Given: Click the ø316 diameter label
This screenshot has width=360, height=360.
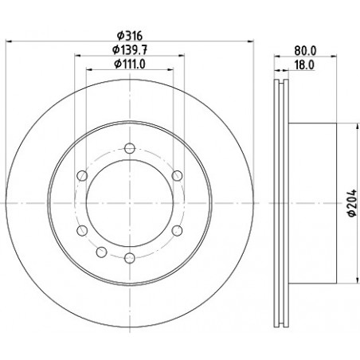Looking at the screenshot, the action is (130, 35).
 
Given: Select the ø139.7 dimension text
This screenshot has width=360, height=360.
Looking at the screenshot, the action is (130, 49).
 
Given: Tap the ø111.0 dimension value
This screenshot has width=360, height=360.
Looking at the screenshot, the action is (130, 64).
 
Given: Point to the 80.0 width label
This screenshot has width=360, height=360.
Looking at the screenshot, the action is (305, 50).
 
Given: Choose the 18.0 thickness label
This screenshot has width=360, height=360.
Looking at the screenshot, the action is (304, 65).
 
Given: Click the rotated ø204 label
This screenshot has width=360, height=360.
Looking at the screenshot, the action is (352, 203).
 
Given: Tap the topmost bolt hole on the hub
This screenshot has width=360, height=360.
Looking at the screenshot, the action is (130, 148).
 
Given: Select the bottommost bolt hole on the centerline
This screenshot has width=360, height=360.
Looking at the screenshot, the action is (130, 258).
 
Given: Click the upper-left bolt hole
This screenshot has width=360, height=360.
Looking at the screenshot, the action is (82, 176).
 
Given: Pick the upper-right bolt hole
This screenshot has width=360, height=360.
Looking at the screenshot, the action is (177, 176).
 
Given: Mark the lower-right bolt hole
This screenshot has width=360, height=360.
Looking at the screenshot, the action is (177, 230).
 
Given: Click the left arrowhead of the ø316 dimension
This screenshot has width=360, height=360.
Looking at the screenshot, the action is (9, 41).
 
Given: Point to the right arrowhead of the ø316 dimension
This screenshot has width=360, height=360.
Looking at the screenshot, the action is (250, 41).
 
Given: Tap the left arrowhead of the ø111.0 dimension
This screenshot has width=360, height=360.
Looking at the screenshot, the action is (89, 70).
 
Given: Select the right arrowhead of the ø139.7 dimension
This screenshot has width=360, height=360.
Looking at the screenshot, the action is (181, 56).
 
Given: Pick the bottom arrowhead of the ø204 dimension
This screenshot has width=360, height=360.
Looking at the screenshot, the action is (355, 280).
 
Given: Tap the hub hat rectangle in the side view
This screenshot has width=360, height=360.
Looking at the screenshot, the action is (312, 203).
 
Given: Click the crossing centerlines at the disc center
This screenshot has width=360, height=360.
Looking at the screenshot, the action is (130, 203).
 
